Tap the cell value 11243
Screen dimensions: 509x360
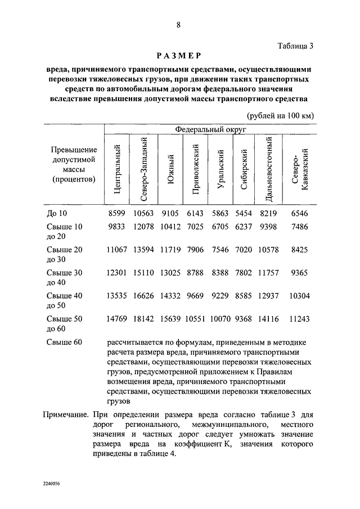pyautogui.click(x=298, y=318)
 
